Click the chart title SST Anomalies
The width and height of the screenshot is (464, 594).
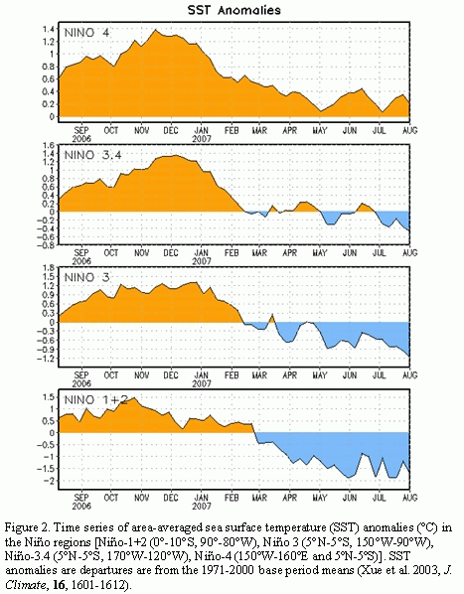click(x=234, y=10)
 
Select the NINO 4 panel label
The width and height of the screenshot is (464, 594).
click(x=87, y=33)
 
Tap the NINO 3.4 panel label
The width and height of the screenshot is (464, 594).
click(x=92, y=155)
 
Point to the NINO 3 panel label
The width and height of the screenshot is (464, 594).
click(x=87, y=277)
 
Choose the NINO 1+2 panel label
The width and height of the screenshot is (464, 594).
click(x=96, y=399)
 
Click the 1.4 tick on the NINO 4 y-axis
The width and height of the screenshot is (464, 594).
click(x=48, y=29)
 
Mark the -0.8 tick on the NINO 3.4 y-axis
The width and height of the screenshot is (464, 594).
click(x=46, y=245)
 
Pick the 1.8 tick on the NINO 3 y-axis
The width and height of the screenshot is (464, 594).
click(x=48, y=268)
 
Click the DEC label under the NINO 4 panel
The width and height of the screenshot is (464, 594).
click(x=171, y=130)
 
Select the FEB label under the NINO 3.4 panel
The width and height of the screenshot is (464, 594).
click(x=232, y=252)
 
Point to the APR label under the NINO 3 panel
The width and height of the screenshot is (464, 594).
click(x=290, y=375)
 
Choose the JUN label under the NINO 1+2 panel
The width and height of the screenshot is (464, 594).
click(x=350, y=498)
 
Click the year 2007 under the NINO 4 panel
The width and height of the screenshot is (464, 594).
click(x=201, y=139)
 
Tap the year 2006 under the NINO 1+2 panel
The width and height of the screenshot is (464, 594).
click(x=81, y=507)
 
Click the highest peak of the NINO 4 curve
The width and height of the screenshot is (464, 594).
click(x=155, y=30)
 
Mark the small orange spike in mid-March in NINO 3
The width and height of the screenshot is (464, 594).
click(x=272, y=315)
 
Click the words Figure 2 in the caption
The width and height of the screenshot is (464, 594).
click(x=27, y=527)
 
